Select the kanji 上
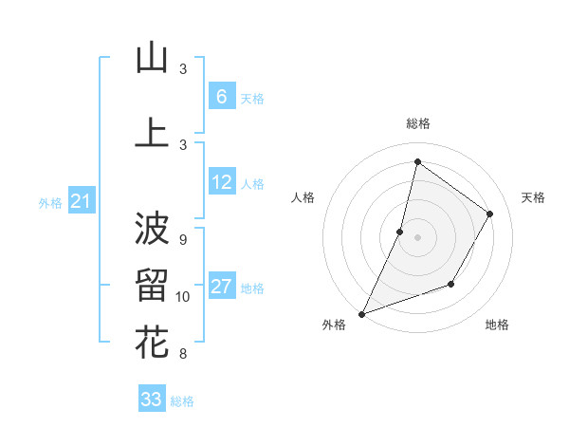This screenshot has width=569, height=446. (x=152, y=132)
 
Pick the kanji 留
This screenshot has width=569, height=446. (x=152, y=285)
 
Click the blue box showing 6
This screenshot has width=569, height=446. (x=221, y=97)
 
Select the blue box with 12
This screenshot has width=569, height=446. (x=221, y=182)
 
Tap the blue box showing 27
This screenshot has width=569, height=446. (x=221, y=287)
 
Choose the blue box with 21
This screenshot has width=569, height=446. (x=81, y=201)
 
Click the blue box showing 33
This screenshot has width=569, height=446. (x=151, y=400)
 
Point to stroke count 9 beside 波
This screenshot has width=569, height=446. (x=183, y=239)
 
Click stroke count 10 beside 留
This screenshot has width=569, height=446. (x=183, y=297)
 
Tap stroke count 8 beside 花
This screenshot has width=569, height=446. (x=183, y=354)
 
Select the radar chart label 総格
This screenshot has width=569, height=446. (x=417, y=123)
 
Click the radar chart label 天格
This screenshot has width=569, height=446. (x=534, y=197)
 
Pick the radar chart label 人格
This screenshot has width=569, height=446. (x=303, y=197)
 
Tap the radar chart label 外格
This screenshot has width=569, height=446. (x=334, y=325)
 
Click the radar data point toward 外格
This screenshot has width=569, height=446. (x=361, y=313)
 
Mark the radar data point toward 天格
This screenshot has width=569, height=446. (x=490, y=214)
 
